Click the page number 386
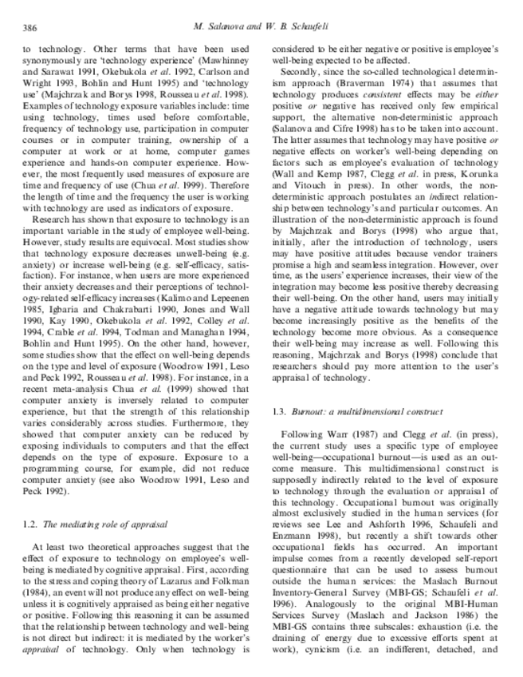pos(29,29)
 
